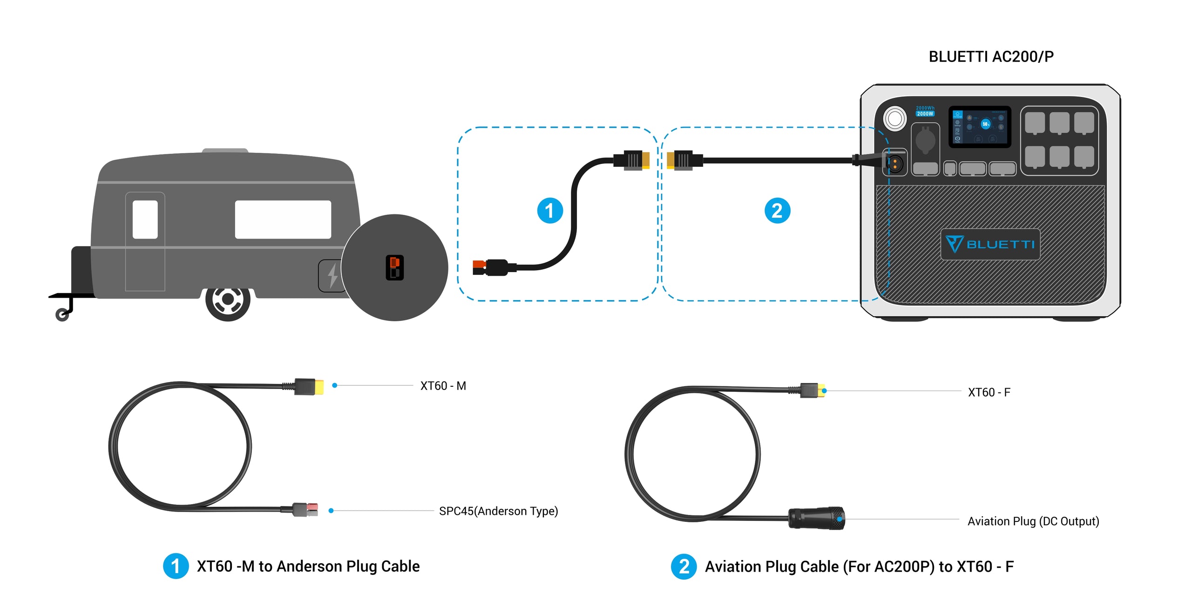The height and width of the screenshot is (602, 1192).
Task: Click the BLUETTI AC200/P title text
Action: coord(990,57)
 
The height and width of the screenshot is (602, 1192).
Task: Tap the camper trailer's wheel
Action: coord(228,300)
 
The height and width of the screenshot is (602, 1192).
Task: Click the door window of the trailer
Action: coord(145,219)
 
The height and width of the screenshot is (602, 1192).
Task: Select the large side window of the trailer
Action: coord(283,219)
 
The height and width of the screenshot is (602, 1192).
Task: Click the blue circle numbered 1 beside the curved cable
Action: coord(550,211)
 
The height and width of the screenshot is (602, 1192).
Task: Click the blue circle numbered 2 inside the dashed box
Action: coord(777,211)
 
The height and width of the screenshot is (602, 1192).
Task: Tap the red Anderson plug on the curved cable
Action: coord(480,267)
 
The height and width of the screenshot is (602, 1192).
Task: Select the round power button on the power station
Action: coord(894,118)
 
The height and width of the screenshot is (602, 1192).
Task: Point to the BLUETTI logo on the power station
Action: coord(990,244)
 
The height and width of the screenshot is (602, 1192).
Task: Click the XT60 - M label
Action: coord(443,386)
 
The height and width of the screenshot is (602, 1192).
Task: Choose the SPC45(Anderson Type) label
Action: coord(498,511)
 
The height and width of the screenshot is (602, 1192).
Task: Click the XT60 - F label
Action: coord(989,392)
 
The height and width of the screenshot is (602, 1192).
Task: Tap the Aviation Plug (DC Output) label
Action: coord(1033,521)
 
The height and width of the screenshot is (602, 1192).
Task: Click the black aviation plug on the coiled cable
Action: coord(816,518)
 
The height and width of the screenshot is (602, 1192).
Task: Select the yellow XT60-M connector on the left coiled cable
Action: coord(318,387)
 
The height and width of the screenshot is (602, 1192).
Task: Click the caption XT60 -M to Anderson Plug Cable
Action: coord(308,566)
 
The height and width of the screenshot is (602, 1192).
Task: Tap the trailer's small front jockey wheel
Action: coord(62,315)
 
